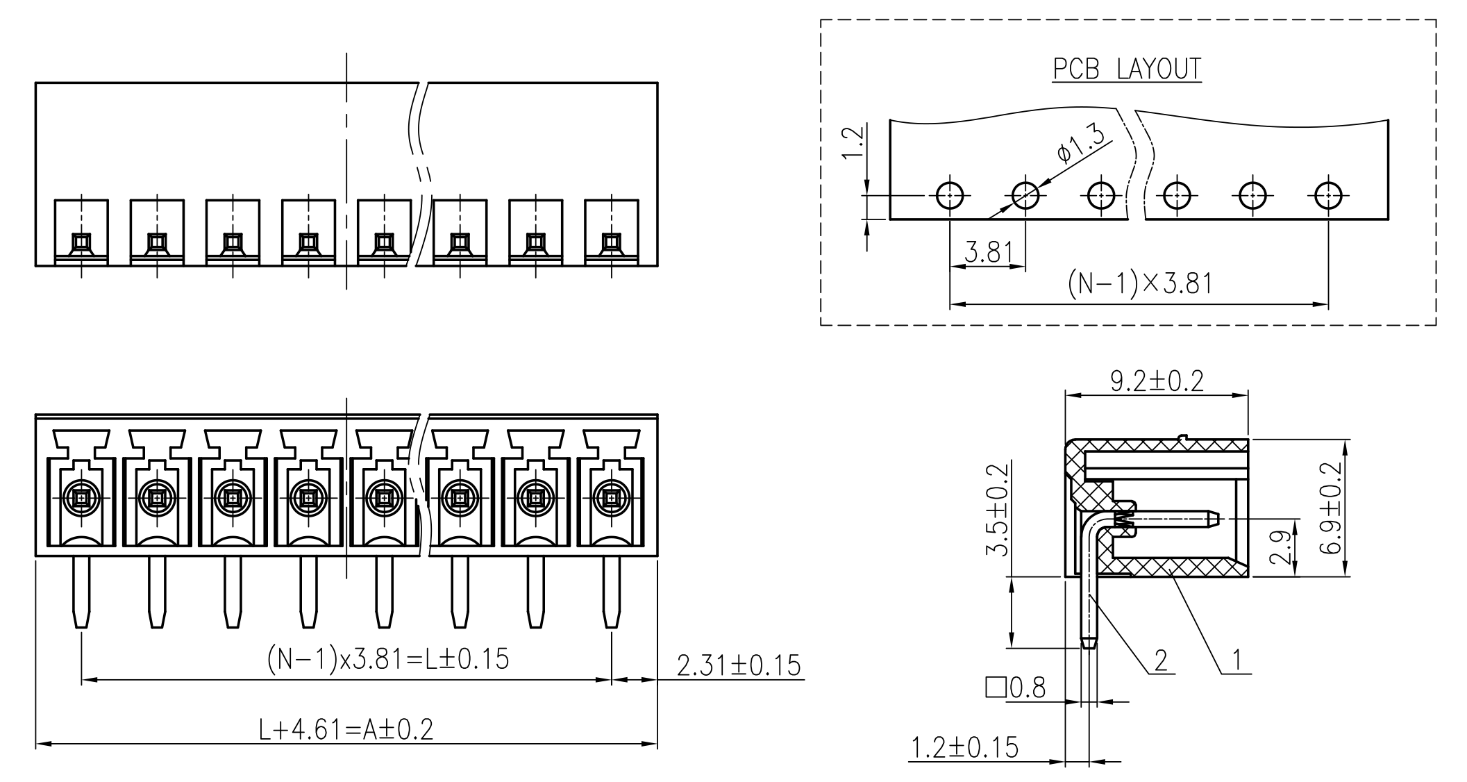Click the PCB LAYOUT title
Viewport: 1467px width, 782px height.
click(x=1126, y=69)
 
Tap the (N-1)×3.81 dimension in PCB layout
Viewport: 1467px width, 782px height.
click(x=1139, y=284)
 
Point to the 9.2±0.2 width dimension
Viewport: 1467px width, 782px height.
click(x=1157, y=381)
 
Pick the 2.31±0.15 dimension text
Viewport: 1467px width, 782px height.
click(x=739, y=665)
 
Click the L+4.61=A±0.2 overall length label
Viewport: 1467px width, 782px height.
click(x=346, y=729)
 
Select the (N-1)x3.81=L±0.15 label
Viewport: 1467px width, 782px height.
click(x=388, y=658)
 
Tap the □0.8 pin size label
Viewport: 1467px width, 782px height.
click(x=1015, y=688)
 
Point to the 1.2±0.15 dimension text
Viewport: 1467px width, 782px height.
click(x=964, y=748)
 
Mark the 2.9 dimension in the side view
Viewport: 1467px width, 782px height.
click(x=1284, y=547)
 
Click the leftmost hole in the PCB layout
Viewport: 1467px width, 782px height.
click(x=949, y=195)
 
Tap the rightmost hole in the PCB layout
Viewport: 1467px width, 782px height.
click(x=1327, y=195)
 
